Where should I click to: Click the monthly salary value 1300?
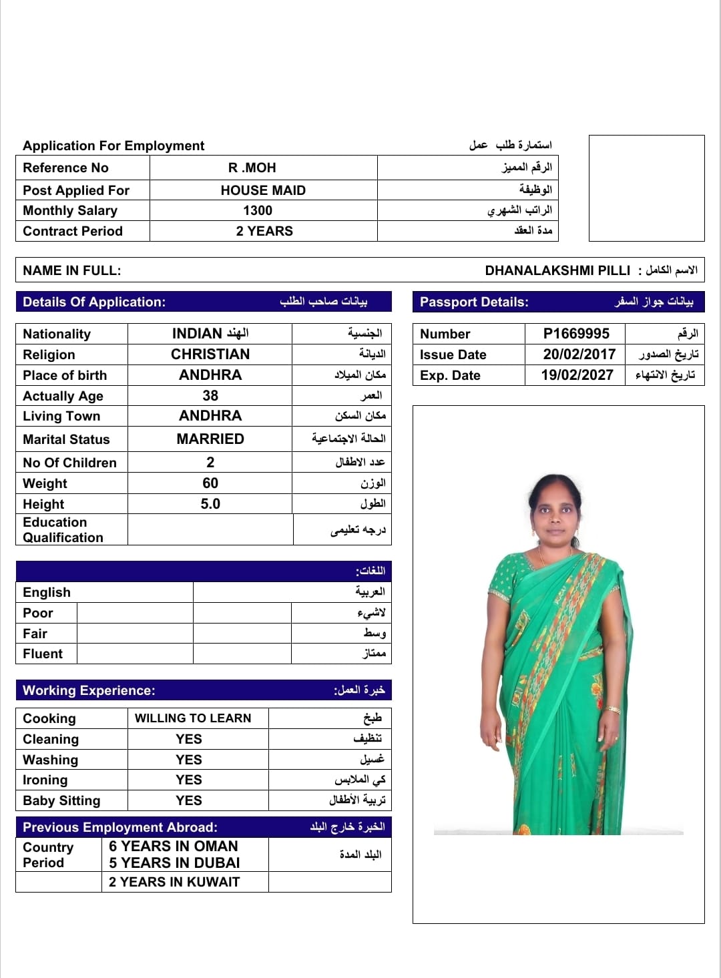click(x=258, y=210)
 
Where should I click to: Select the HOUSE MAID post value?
click(x=263, y=190)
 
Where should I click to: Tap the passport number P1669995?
click(x=576, y=334)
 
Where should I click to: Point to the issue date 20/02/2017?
click(x=579, y=354)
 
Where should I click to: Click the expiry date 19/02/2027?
click(x=577, y=375)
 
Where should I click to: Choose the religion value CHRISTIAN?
click(x=210, y=354)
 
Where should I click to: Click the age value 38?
click(x=210, y=396)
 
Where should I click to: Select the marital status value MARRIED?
click(x=210, y=439)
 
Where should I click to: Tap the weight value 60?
click(x=210, y=483)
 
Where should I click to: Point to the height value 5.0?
click(x=210, y=504)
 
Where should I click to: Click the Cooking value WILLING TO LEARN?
click(x=193, y=718)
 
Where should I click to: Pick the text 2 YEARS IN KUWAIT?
click(x=174, y=882)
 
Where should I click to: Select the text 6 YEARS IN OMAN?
click(x=174, y=846)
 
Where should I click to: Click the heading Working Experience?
click(x=89, y=690)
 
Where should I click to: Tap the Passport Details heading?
click(x=474, y=302)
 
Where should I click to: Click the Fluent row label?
click(x=43, y=654)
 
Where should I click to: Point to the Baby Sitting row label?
click(x=61, y=800)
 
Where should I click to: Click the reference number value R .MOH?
click(x=252, y=168)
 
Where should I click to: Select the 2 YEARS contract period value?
click(x=264, y=231)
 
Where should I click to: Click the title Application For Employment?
click(x=113, y=146)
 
